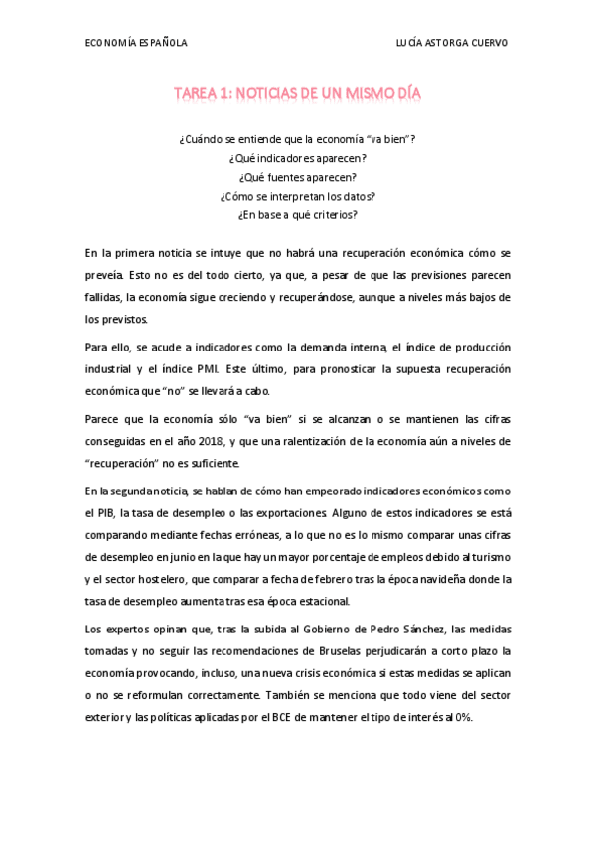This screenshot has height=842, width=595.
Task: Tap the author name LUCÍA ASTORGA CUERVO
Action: pyautogui.click(x=451, y=43)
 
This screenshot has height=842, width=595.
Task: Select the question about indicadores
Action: pyautogui.click(x=297, y=158)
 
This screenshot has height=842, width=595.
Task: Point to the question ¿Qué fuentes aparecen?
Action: pyautogui.click(x=297, y=177)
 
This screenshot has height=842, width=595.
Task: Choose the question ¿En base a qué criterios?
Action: pyautogui.click(x=297, y=213)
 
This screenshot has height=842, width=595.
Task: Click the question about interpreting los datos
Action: pyautogui.click(x=297, y=196)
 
